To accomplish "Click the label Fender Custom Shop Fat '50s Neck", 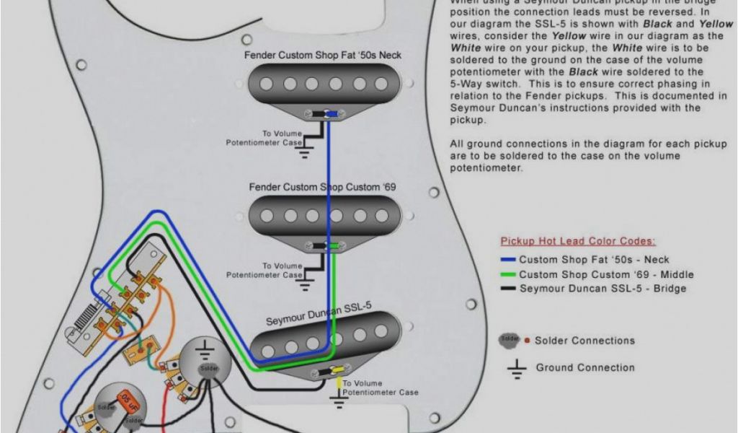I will (x=322, y=55).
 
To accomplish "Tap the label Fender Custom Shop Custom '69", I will (x=322, y=187).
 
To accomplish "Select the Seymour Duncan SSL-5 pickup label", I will (x=318, y=313).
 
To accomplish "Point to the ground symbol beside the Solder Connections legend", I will (x=516, y=369).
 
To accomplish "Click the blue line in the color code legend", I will (x=508, y=260).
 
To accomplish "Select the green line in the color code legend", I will (x=508, y=274).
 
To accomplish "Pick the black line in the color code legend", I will (x=508, y=289).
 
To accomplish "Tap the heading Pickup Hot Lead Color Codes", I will (x=578, y=241).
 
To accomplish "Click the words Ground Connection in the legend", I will (x=585, y=367).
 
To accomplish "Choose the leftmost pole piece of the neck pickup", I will (x=267, y=84).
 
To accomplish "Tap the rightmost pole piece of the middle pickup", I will (x=382, y=215).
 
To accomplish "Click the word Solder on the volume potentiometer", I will (x=208, y=369).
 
